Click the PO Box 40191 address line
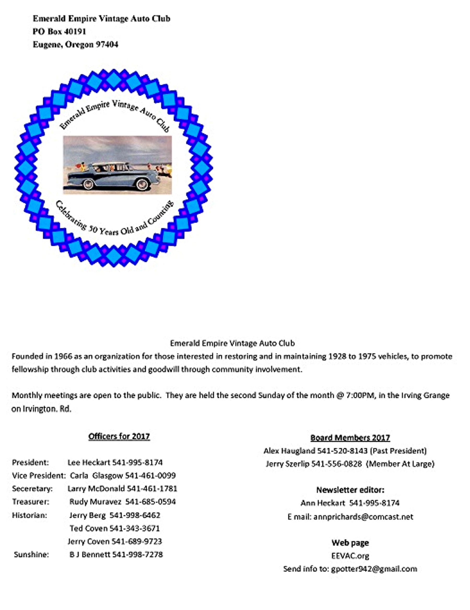(x=59, y=31)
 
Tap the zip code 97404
(x=107, y=44)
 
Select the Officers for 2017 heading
(x=119, y=436)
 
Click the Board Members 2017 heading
(x=350, y=438)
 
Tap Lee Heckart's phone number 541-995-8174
(x=137, y=463)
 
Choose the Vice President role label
(x=39, y=475)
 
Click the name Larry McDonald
(x=96, y=488)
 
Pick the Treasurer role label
(x=31, y=502)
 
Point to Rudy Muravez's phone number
(x=150, y=502)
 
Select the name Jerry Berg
(x=87, y=515)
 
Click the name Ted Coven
(x=88, y=528)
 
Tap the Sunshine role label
(x=31, y=554)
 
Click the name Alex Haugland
(x=289, y=451)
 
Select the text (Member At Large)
(x=400, y=464)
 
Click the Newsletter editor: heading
(x=350, y=490)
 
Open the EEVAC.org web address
(x=350, y=556)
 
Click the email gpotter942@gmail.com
(x=374, y=569)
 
